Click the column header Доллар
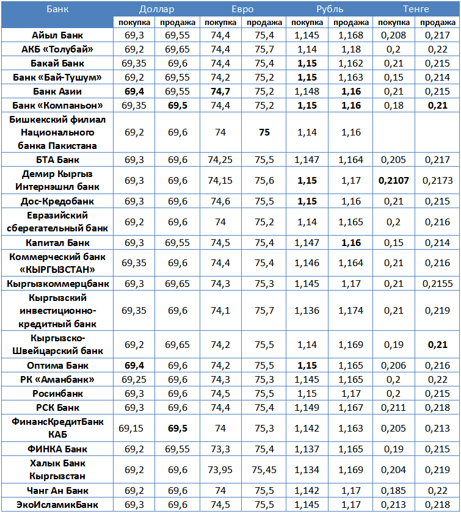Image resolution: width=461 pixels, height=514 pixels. click(156, 9)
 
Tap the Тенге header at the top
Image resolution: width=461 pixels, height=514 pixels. click(416, 9)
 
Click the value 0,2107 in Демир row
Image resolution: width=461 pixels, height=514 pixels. click(394, 181)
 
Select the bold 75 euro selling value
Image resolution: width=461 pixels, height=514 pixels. click(264, 132)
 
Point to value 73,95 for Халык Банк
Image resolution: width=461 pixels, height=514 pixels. click(220, 470)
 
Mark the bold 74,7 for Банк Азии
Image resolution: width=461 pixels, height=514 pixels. click(220, 92)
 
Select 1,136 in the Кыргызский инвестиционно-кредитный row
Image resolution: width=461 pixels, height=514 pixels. click(307, 311)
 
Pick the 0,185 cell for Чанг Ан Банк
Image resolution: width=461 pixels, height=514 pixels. click(394, 491)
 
